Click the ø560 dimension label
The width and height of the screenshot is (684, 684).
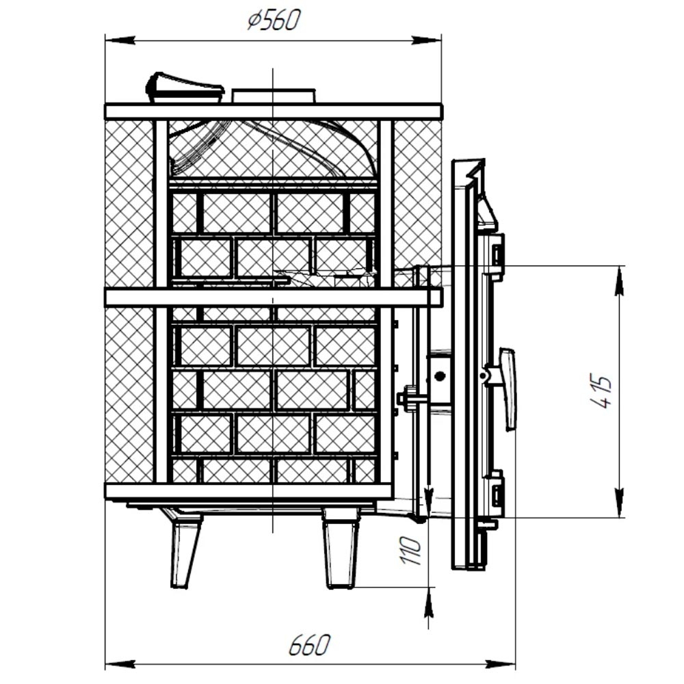tap(274, 21)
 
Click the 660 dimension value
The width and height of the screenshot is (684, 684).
tap(309, 645)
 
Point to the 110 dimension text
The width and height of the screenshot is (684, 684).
tap(410, 551)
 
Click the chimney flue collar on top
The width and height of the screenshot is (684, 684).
tap(274, 96)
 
